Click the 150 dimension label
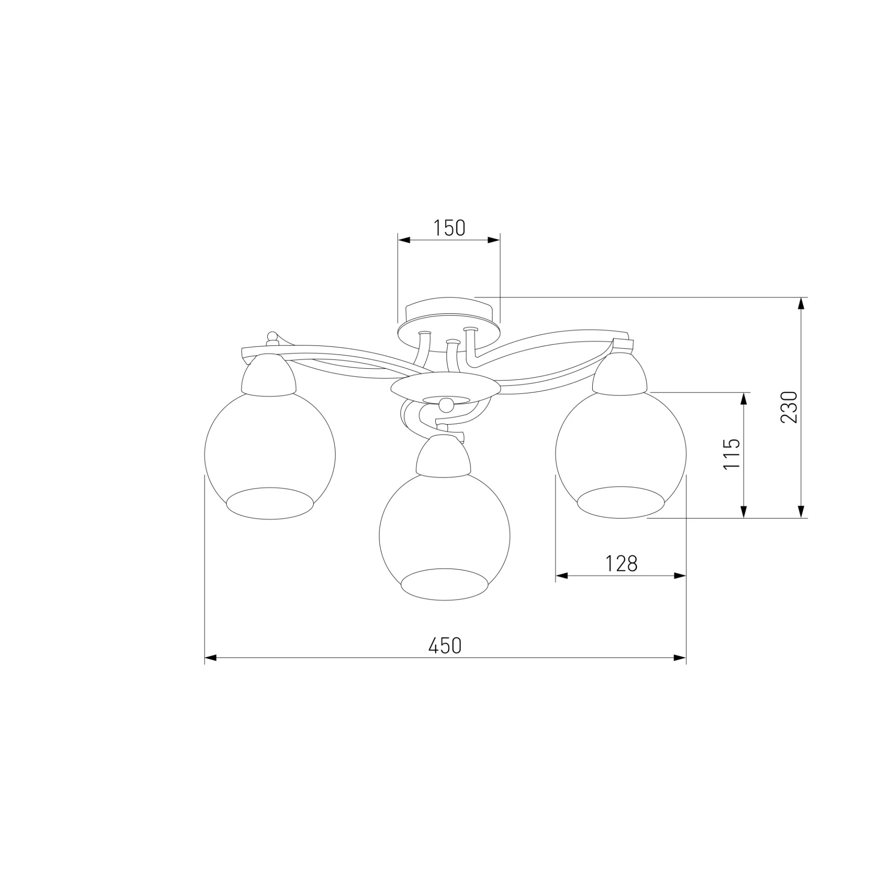tap(449, 228)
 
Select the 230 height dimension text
tap(789, 406)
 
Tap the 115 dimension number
tap(731, 454)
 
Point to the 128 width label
tap(621, 563)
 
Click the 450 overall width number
tap(445, 645)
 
